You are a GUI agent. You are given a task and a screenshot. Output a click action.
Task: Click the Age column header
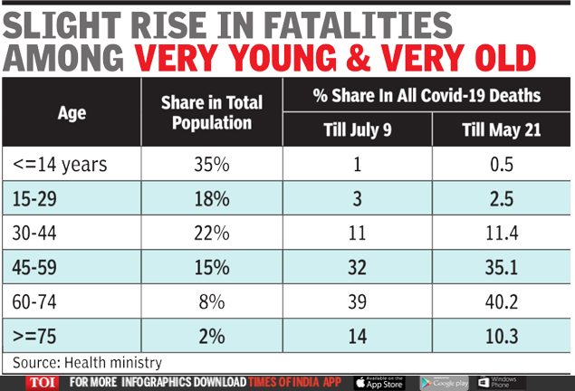tap(72, 114)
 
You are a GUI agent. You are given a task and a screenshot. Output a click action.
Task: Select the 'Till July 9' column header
tap(357, 129)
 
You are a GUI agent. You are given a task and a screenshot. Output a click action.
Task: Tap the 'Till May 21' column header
tap(501, 129)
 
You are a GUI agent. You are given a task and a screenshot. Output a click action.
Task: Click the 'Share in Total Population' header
tap(212, 113)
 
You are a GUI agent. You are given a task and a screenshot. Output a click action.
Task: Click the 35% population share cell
tap(212, 165)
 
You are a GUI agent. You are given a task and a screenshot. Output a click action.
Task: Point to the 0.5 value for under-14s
tap(501, 165)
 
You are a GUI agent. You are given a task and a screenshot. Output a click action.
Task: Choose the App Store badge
tap(379, 382)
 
